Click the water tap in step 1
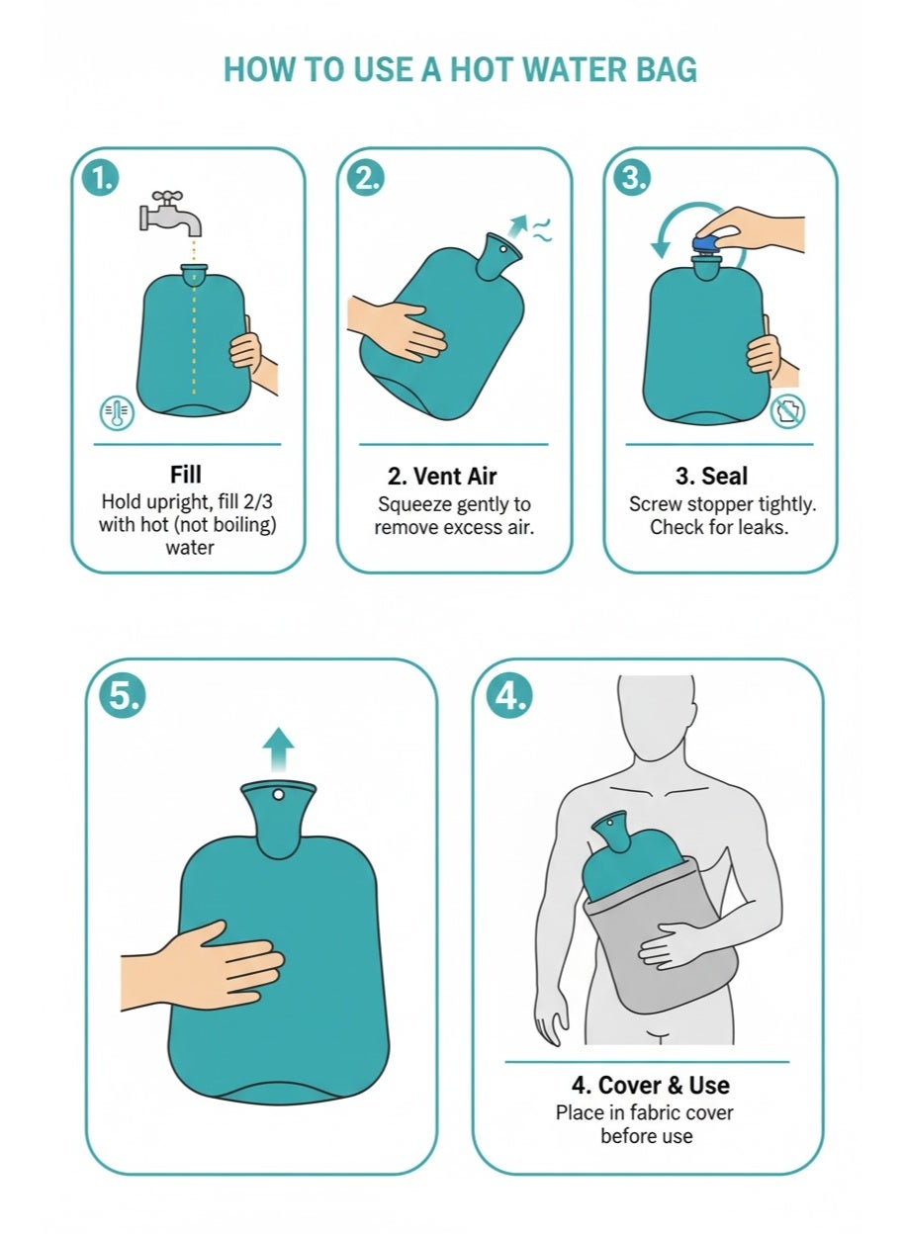pos(170,214)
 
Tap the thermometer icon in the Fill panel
pos(117,412)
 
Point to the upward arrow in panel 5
pos(278,749)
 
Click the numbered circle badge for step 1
pos(101,178)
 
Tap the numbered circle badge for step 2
pos(366,178)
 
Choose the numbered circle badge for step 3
pos(633,178)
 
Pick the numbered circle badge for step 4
pos(509,695)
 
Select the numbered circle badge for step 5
pos(123,695)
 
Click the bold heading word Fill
pos(186,475)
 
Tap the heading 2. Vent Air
pos(442,477)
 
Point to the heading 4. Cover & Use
pos(651,1086)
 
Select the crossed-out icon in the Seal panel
pos(787,411)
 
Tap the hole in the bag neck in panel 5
pos(278,794)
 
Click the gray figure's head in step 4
pos(656,711)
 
